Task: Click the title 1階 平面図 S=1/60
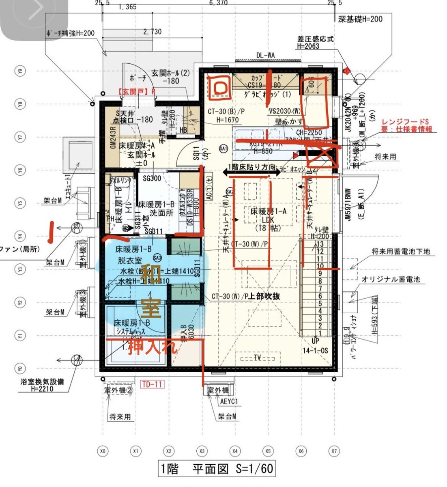(216, 469)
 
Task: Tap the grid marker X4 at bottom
(234, 450)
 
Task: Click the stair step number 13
(320, 244)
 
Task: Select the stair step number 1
(320, 333)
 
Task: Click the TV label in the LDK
(257, 358)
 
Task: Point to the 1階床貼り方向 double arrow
(251, 173)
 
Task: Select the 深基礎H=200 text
(360, 19)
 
